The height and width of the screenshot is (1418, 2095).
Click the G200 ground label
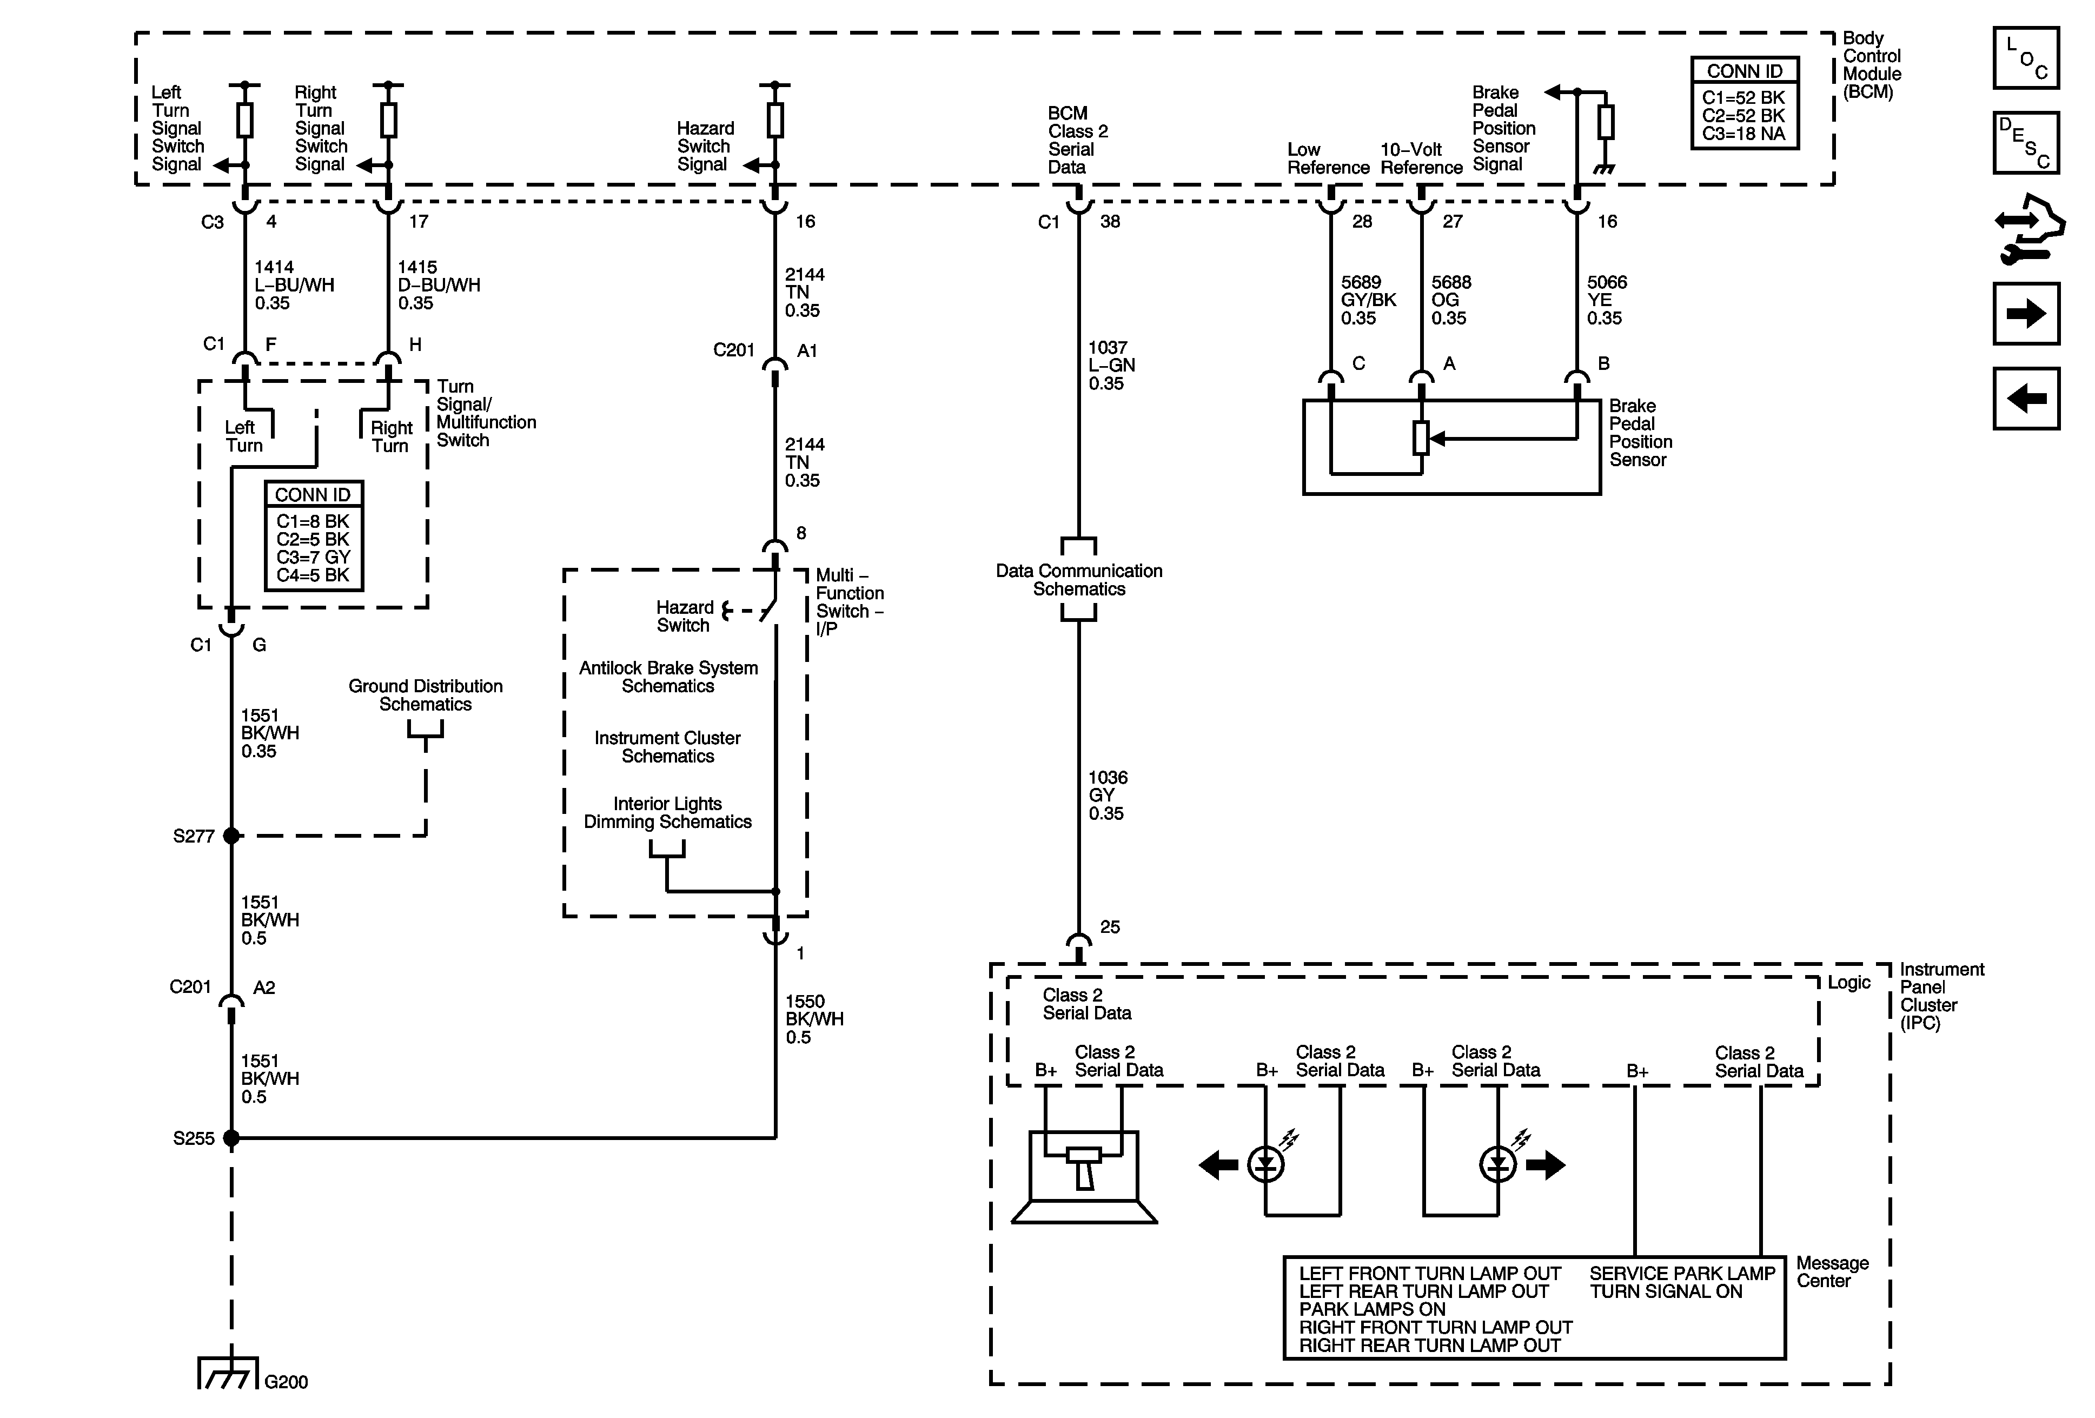point(286,1382)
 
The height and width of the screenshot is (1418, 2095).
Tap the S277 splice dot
point(231,836)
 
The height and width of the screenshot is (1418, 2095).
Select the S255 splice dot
point(231,1138)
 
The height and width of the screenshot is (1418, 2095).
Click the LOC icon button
point(2026,58)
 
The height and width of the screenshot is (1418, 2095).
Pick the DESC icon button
point(2026,142)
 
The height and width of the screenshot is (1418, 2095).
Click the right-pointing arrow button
point(2026,314)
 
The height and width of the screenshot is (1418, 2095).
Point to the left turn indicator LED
point(1265,1165)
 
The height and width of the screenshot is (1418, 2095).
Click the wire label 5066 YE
point(1607,300)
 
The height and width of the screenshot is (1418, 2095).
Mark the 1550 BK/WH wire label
point(814,1019)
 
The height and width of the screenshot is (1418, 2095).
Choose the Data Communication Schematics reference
point(1078,580)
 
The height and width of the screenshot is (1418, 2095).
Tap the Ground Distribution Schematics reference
point(426,695)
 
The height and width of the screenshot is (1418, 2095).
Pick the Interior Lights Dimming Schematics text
point(667,812)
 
